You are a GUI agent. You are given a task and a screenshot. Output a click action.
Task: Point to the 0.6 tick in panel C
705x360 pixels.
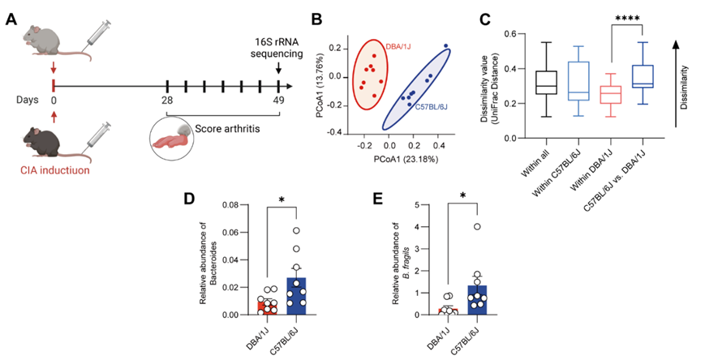[512, 34]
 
